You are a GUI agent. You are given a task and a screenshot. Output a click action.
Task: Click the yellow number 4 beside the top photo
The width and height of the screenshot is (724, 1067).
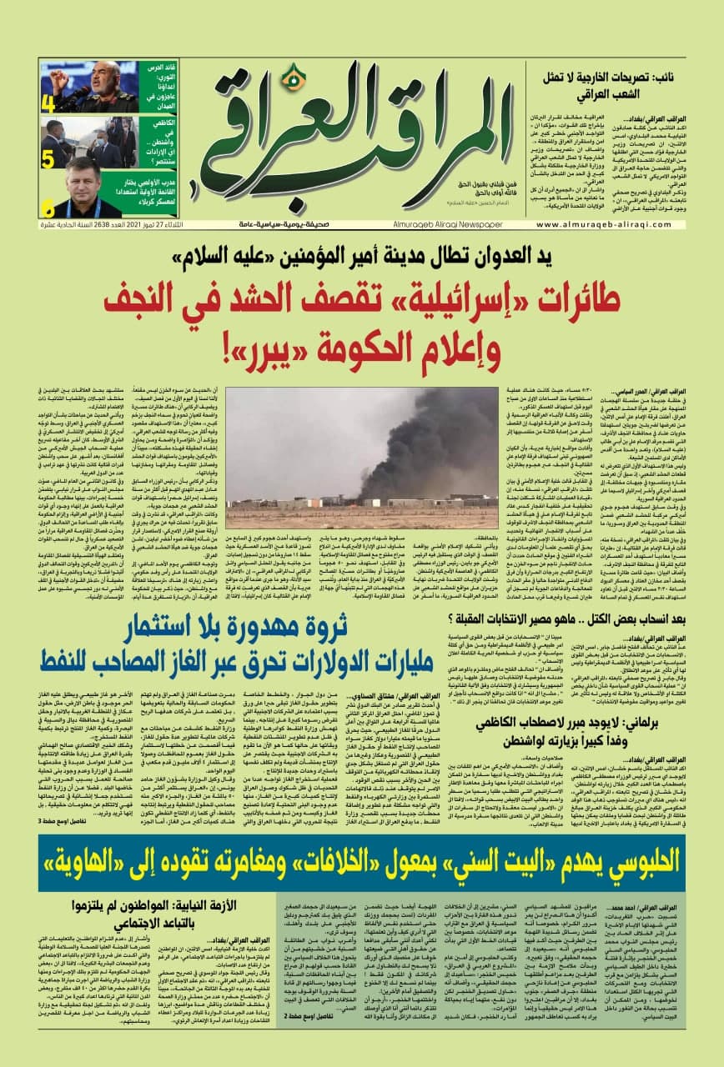pos(48,104)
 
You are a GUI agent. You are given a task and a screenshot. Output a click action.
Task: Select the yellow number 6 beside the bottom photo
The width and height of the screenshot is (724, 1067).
pos(48,208)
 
